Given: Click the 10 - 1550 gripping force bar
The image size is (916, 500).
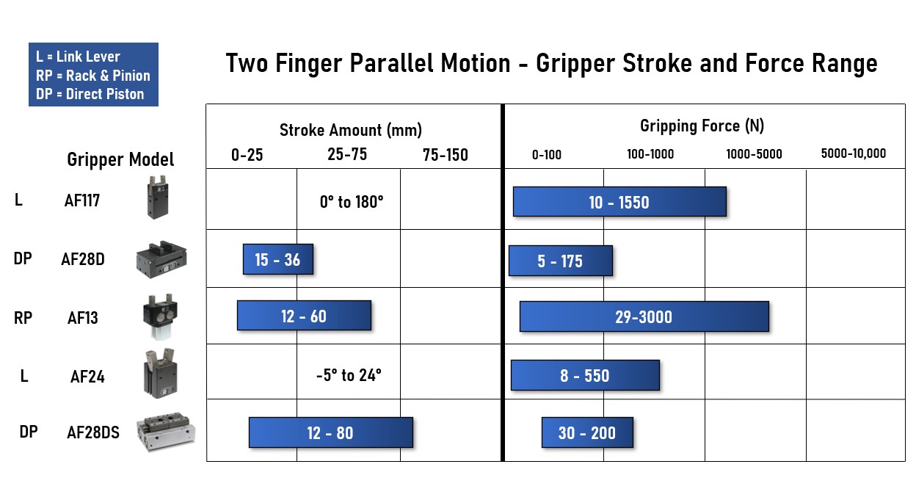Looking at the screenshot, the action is (x=619, y=202).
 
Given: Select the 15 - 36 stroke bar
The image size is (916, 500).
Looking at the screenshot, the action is (x=278, y=259).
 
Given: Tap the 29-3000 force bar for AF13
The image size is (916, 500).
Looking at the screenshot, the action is (x=644, y=316).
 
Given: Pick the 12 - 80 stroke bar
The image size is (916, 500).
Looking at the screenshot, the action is (x=331, y=432).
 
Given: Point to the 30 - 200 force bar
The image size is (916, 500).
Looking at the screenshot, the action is (x=587, y=432).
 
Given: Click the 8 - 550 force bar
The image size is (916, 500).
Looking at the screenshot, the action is (x=585, y=375).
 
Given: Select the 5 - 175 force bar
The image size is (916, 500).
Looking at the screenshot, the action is (x=561, y=261).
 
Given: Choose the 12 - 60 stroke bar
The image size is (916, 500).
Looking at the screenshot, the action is (x=305, y=316).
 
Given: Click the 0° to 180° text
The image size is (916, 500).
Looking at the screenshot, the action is (x=352, y=202).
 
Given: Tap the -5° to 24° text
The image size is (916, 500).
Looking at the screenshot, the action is (x=349, y=375).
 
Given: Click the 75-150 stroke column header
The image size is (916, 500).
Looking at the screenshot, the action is (x=446, y=155).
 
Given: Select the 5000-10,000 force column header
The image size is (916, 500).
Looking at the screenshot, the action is (x=854, y=154).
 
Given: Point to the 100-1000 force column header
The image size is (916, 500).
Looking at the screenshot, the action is (x=650, y=154).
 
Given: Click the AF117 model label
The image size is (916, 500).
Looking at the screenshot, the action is (x=82, y=200).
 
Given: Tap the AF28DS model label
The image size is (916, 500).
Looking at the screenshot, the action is (x=93, y=432).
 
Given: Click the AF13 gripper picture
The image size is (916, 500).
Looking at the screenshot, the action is (x=160, y=316).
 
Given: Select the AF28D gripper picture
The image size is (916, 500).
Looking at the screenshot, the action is (x=161, y=259).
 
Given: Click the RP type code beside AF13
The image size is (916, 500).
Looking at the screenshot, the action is (x=23, y=318).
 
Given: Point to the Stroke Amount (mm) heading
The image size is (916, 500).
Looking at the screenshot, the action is (x=351, y=130).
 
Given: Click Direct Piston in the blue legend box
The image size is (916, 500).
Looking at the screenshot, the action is (x=105, y=94).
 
